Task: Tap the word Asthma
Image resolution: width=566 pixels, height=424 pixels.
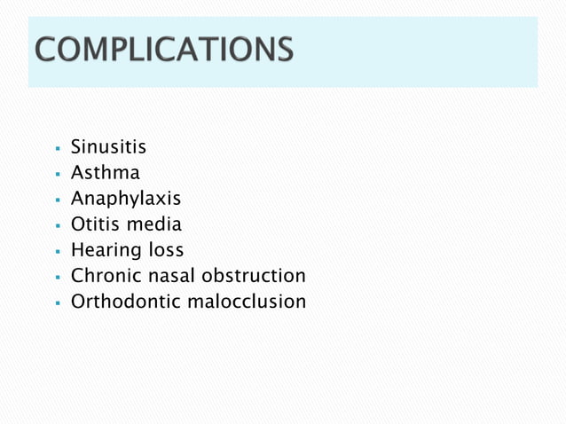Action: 105,173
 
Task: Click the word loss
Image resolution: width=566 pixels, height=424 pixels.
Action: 165,250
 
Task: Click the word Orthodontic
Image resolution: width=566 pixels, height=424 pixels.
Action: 125,302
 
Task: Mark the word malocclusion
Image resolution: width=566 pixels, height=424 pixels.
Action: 246,302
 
